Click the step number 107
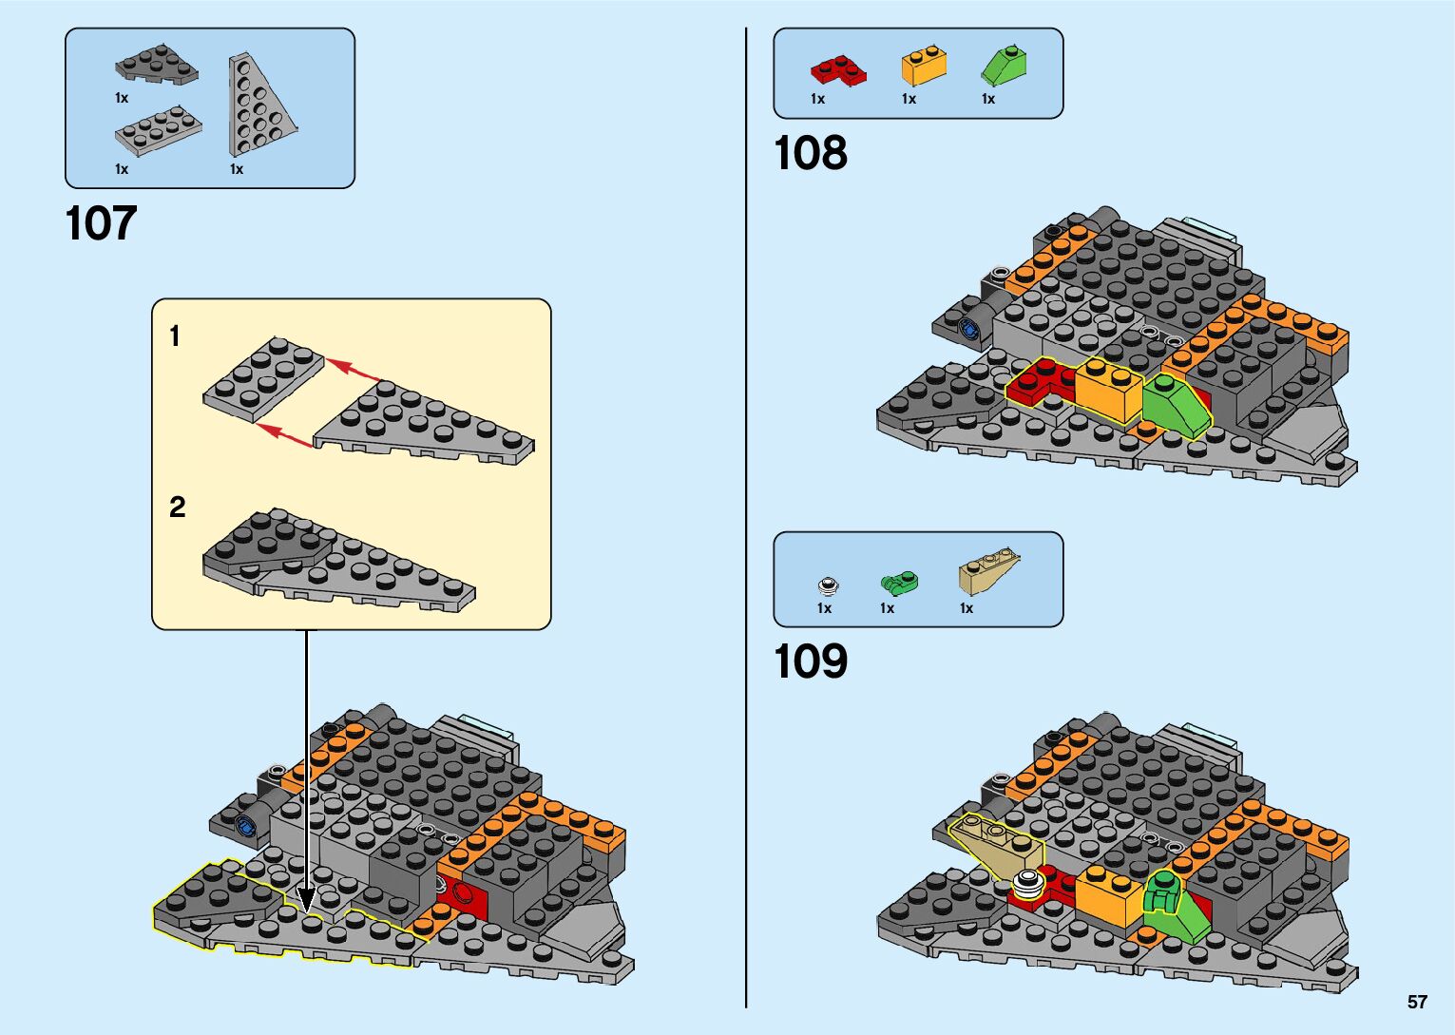click(x=101, y=224)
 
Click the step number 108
click(x=810, y=153)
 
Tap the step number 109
click(x=810, y=662)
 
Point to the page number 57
click(x=1417, y=1002)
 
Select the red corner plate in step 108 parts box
click(x=837, y=70)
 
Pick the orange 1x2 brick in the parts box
click(x=924, y=66)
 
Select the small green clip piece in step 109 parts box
click(x=898, y=582)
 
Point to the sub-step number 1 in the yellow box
click(x=175, y=335)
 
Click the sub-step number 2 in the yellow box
click(x=178, y=508)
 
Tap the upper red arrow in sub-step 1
click(x=354, y=369)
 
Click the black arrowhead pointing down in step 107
click(x=306, y=898)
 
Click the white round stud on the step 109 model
click(x=1027, y=883)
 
